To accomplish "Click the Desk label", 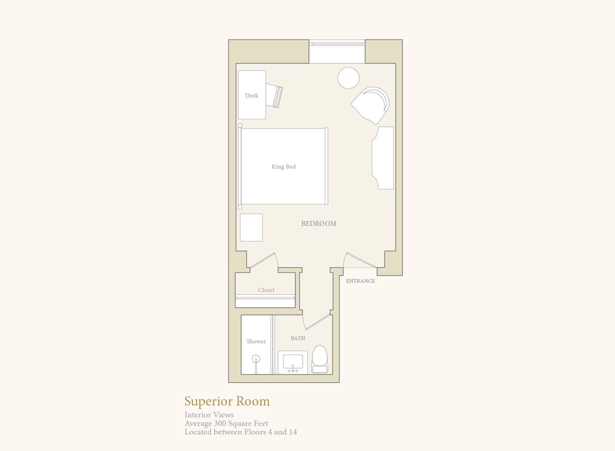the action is click(x=252, y=95).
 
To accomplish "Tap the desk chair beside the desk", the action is click(x=274, y=95).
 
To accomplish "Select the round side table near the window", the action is click(x=348, y=78).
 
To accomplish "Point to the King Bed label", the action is click(x=283, y=166).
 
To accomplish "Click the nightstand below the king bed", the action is click(x=251, y=228).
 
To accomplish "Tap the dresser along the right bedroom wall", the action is click(x=383, y=158).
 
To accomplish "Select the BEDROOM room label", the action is click(x=319, y=223).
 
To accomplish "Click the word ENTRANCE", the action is click(x=360, y=281).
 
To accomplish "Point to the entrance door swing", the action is click(x=360, y=260).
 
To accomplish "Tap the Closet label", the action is click(x=266, y=290).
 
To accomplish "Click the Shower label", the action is click(x=256, y=341).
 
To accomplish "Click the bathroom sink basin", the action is click(x=293, y=362).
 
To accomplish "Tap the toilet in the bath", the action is click(x=320, y=359).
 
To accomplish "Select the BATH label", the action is click(x=298, y=338).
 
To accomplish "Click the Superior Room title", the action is click(x=227, y=401).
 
